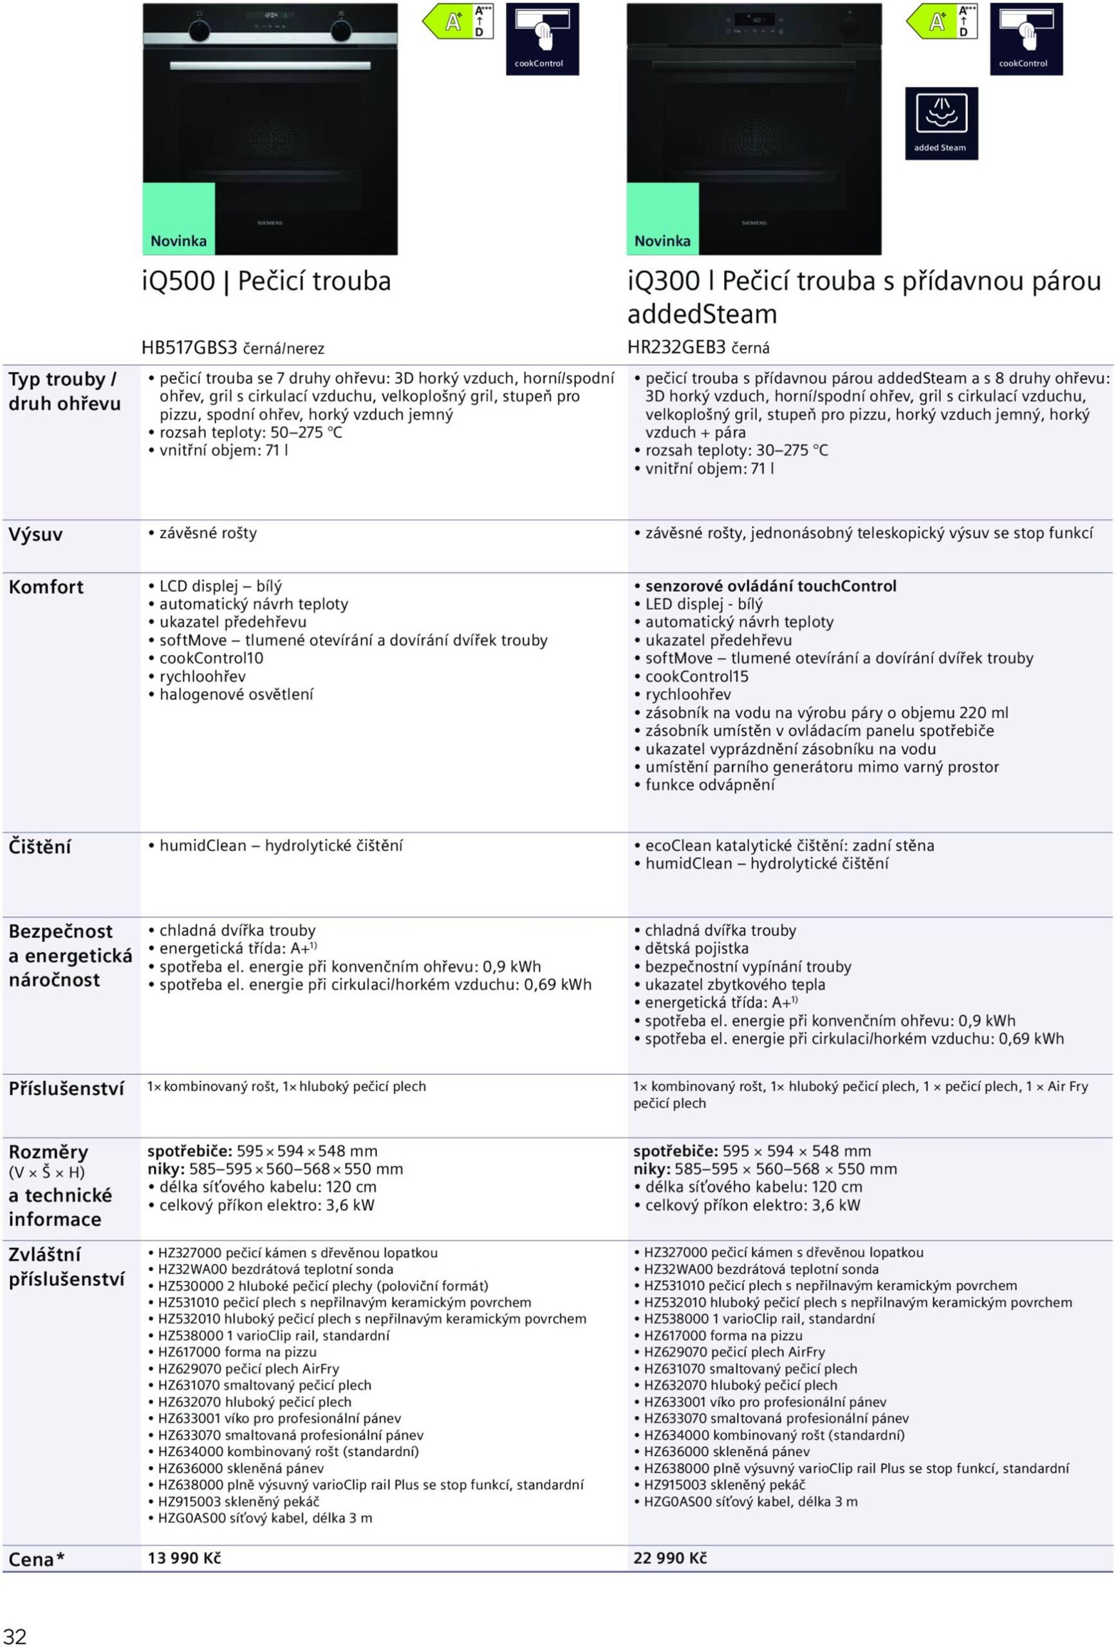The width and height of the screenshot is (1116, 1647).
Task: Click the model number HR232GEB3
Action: tap(676, 347)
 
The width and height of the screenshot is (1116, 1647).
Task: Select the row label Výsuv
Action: tap(35, 535)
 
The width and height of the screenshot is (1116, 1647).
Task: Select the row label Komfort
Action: tap(46, 587)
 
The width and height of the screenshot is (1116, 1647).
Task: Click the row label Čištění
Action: tap(40, 847)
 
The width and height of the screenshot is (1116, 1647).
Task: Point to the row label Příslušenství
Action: tap(66, 1089)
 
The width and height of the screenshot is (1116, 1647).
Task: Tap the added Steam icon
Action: tap(941, 124)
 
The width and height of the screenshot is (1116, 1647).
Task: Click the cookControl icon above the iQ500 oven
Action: tap(543, 39)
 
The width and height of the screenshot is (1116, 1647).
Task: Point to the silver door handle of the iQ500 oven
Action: tap(270, 66)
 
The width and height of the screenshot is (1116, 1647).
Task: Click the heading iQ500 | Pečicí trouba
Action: tap(266, 281)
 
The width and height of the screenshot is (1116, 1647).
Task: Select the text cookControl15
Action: tap(696, 677)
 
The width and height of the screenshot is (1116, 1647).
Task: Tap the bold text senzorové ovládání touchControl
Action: tap(770, 586)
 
